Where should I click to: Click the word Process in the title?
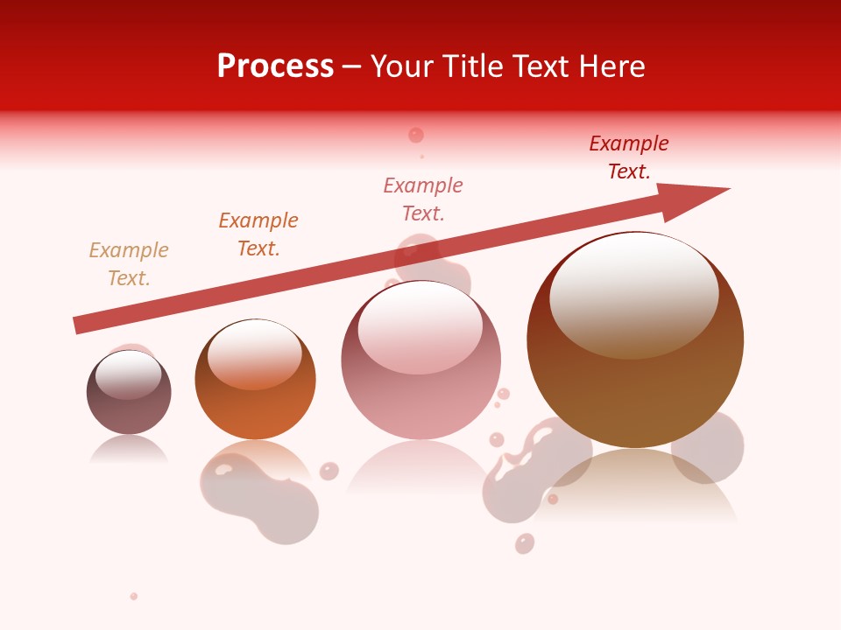275,66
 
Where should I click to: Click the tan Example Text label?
129,264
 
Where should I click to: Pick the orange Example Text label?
258,234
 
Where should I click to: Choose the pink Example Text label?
423,199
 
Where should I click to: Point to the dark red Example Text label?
629,157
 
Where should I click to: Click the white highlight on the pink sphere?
420,326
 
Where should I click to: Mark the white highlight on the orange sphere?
254,353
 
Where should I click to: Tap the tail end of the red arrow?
81,325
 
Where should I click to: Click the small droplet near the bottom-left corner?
134,596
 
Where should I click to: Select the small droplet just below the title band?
416,135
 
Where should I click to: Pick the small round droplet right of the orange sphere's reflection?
329,471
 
